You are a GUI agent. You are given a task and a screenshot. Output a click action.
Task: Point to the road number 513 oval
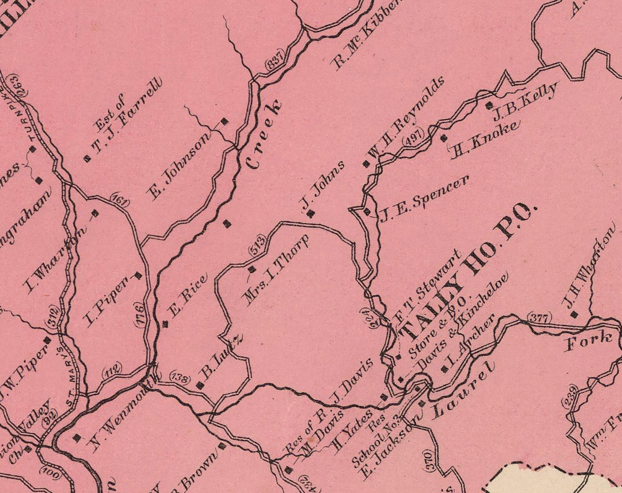point(258,245)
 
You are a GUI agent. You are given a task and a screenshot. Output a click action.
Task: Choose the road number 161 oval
point(120,200)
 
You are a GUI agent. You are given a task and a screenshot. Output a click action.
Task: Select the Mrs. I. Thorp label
point(277,271)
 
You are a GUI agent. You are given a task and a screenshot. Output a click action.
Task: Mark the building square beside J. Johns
point(310,214)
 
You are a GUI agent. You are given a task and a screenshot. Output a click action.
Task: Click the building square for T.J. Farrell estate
point(87,159)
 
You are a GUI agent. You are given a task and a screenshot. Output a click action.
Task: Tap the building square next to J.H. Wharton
point(574,315)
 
